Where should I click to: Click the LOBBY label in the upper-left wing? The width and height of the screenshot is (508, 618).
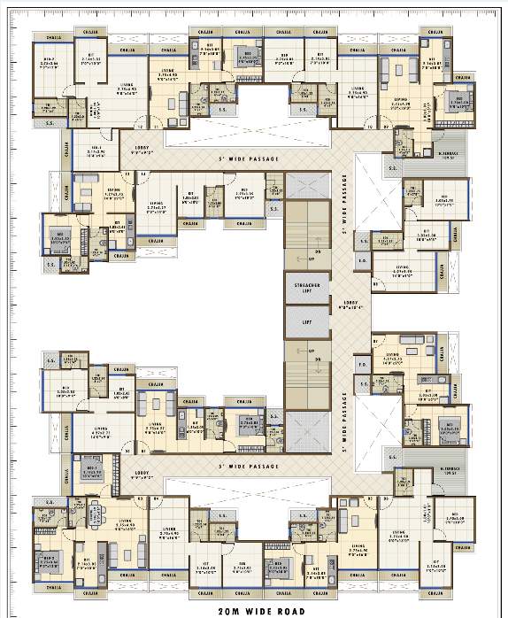142,150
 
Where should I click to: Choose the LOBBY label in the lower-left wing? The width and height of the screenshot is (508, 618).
142,473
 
